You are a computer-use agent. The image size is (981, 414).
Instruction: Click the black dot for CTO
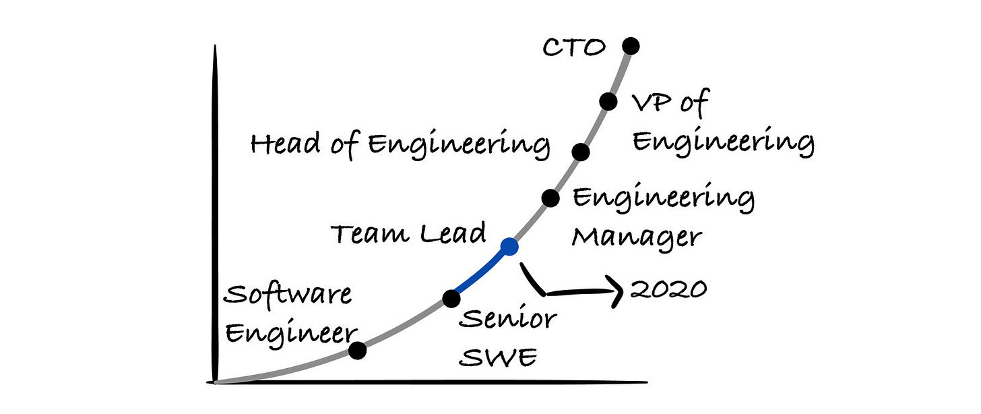630,46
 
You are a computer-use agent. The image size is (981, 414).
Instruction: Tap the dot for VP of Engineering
608,101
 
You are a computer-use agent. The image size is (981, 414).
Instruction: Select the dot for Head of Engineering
581,152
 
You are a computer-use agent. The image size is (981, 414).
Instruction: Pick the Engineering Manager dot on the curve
550,198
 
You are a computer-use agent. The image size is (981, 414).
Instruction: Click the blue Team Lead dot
510,247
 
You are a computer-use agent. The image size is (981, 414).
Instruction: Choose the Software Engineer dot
358,350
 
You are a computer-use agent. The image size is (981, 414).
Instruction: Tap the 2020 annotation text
668,289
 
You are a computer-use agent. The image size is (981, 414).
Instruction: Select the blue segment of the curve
480,274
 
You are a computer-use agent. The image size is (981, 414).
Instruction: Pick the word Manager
637,237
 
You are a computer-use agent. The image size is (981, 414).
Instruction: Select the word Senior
508,319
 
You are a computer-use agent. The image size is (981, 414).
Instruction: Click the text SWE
498,357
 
